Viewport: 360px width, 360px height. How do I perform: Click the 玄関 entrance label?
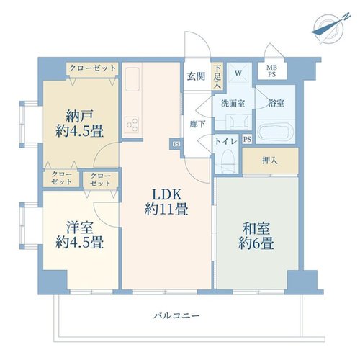[x=196, y=76]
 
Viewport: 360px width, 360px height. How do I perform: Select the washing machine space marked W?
[x=238, y=73]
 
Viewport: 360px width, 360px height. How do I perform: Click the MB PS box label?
[x=271, y=71]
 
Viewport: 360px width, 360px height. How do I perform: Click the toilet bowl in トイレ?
[x=227, y=158]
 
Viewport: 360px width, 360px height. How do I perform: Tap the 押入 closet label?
[x=270, y=161]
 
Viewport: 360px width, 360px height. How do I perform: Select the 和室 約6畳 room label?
[x=256, y=236]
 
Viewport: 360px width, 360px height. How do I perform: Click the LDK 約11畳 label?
[x=166, y=202]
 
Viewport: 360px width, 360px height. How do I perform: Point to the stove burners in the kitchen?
[x=132, y=125]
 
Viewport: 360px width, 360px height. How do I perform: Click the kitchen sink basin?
[x=132, y=79]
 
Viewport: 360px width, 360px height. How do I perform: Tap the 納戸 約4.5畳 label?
[x=79, y=123]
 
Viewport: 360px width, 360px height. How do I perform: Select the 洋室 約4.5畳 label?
[x=79, y=235]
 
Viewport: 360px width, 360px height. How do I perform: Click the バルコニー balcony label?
[x=176, y=315]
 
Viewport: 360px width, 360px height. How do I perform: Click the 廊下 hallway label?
[x=197, y=124]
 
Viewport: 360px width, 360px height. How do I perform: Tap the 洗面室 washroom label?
[x=233, y=104]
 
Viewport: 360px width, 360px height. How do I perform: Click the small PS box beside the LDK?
[x=176, y=144]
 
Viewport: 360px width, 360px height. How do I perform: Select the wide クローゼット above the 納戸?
[x=92, y=69]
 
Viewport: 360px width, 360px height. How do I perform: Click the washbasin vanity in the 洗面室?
[x=238, y=122]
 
